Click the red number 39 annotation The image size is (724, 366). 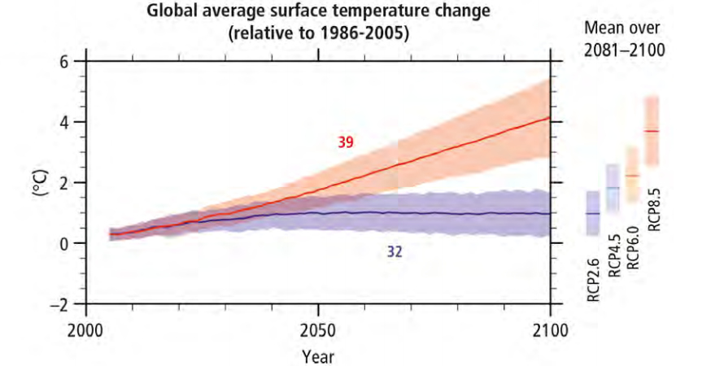coord(346,142)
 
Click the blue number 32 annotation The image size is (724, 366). coord(395,252)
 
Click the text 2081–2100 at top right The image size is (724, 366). coord(625,48)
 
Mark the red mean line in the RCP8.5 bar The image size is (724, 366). coord(651,131)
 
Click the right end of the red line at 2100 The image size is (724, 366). coord(550,118)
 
